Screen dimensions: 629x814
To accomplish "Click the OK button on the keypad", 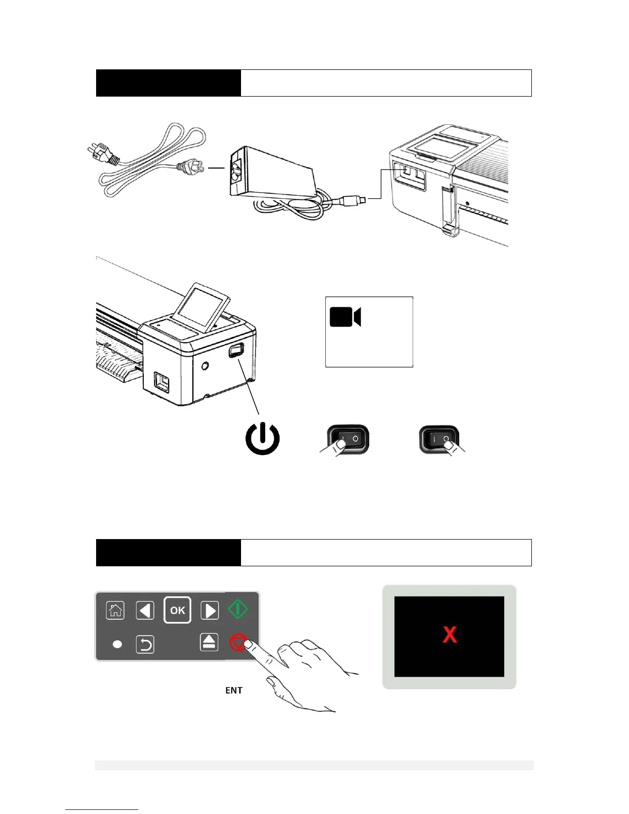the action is (x=177, y=610).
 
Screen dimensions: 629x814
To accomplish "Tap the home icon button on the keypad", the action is (x=115, y=610).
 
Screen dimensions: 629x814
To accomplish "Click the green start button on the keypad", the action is (x=238, y=609).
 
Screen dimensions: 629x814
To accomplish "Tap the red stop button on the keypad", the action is (x=237, y=642).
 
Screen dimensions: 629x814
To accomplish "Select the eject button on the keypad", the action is (x=209, y=642).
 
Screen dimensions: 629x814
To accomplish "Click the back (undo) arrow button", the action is (x=145, y=644).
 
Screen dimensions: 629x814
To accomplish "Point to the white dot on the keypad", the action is (x=117, y=644).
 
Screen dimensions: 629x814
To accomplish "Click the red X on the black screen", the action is (x=450, y=635).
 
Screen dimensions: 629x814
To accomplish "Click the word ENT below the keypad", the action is (x=234, y=690).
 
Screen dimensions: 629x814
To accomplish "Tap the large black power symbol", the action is (x=262, y=439).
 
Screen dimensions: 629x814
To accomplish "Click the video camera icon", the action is (x=345, y=317).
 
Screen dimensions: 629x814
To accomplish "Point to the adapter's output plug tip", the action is (x=362, y=198).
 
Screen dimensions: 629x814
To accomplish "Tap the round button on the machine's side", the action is (x=206, y=366).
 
